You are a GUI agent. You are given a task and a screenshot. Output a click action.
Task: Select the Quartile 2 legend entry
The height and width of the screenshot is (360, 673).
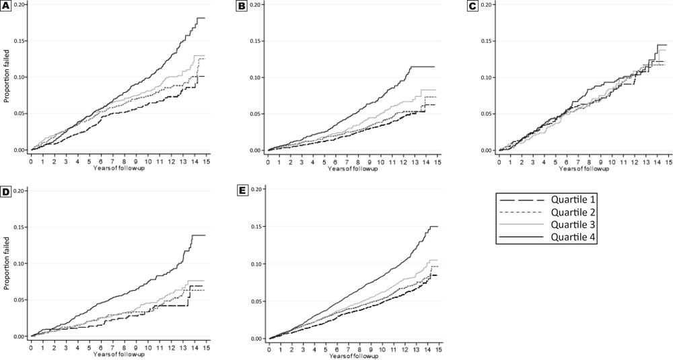point(571,212)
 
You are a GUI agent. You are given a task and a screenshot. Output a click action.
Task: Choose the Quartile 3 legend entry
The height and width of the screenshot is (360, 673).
point(571,224)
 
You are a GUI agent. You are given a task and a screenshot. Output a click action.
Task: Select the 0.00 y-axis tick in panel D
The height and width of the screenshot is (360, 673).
point(21,336)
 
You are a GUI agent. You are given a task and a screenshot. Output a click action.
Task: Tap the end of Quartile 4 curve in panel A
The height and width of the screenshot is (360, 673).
point(204,18)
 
